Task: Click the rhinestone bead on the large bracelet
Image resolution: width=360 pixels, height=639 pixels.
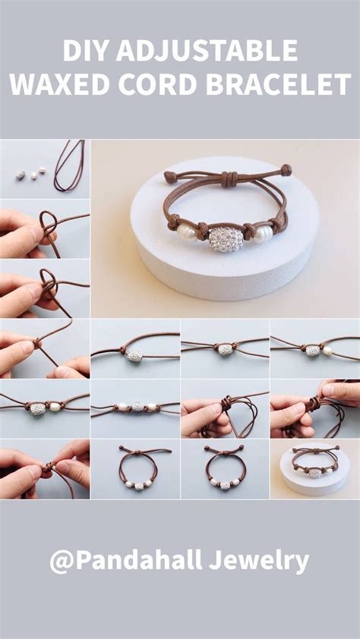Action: tap(226, 239)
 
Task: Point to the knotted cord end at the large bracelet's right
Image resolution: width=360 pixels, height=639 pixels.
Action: tap(286, 170)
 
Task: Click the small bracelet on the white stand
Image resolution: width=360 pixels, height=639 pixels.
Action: tap(315, 464)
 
